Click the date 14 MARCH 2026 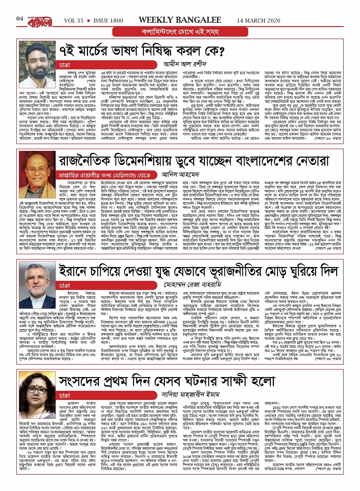tap(261, 20)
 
